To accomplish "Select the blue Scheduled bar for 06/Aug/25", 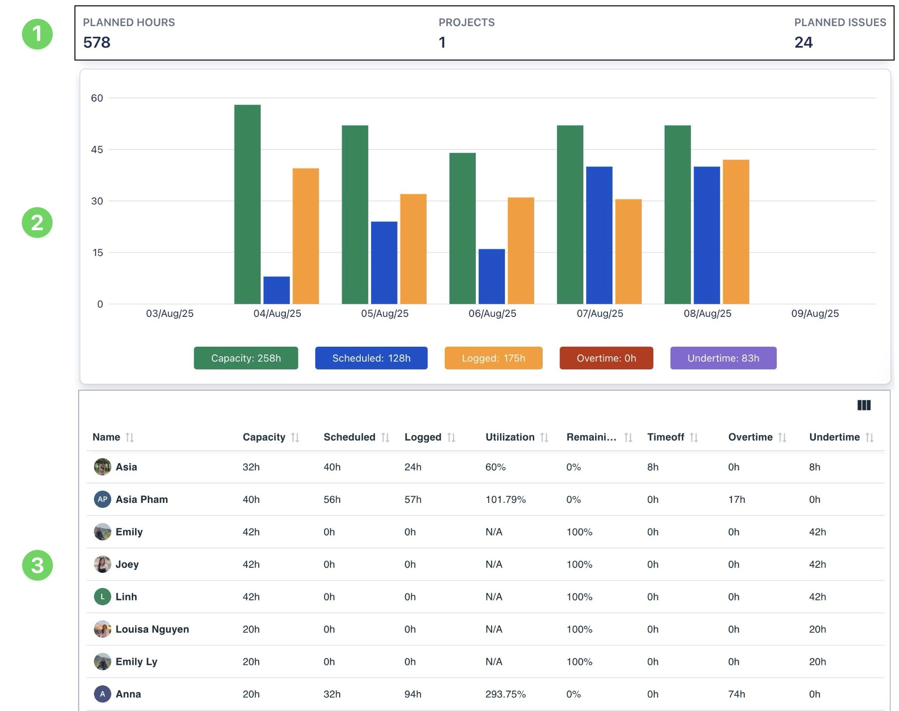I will (x=491, y=276).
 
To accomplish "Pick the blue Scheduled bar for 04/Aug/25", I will (x=276, y=290).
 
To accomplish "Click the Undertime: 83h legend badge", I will (x=723, y=358).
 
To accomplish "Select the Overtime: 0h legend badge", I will (x=606, y=358).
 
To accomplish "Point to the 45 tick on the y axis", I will (x=97, y=149).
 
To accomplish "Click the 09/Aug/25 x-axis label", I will (x=815, y=313).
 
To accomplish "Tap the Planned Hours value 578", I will (x=97, y=42).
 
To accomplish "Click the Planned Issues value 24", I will (x=803, y=42).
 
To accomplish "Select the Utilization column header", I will (x=510, y=437).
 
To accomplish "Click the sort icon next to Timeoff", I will (x=694, y=437).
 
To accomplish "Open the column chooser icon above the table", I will (x=863, y=405).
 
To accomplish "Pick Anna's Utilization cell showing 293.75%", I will (x=505, y=694).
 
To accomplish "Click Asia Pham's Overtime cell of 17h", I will (x=736, y=499).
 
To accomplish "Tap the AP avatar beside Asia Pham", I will (x=102, y=499).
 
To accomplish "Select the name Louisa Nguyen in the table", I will (x=152, y=629).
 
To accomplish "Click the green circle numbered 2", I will (x=37, y=223).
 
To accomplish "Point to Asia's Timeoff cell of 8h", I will (x=652, y=467).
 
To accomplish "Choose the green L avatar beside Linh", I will (x=102, y=597).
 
